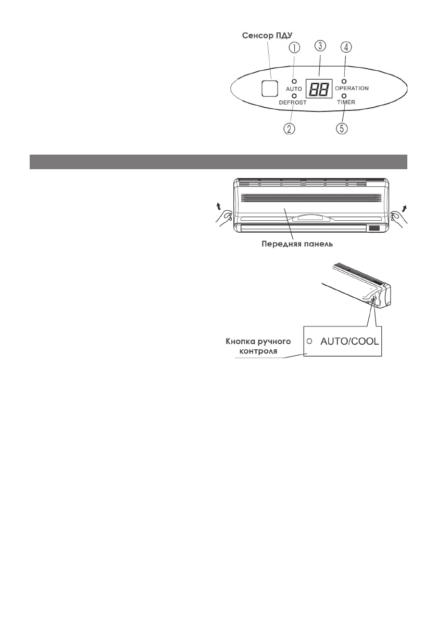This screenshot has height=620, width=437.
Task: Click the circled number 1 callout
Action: point(295,48)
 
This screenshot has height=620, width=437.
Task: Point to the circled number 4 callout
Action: point(346,47)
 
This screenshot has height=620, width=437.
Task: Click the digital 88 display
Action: point(318,90)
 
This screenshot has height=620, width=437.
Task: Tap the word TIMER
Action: point(346,103)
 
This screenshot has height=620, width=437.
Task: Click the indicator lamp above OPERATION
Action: point(344,81)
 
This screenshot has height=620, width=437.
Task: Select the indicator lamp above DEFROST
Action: point(294,96)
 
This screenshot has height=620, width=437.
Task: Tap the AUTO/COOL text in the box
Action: point(349,341)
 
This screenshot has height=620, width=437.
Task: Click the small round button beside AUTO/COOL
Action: point(310,341)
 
